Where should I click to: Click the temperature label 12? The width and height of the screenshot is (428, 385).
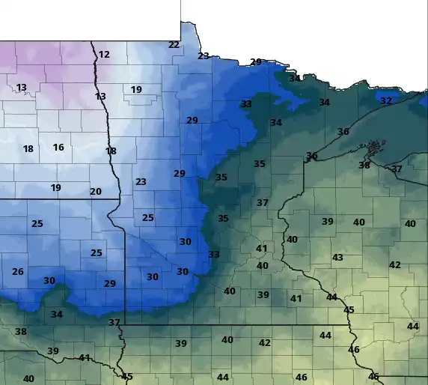pyautogui.click(x=104, y=55)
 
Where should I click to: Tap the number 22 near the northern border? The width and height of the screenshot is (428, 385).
pyautogui.click(x=174, y=45)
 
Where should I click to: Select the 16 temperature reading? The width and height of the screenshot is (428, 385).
pyautogui.click(x=58, y=148)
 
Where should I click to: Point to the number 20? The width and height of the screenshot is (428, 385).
pyautogui.click(x=95, y=192)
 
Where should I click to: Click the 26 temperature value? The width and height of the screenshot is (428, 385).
pyautogui.click(x=18, y=272)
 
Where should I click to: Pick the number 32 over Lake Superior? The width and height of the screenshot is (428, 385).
pyautogui.click(x=385, y=100)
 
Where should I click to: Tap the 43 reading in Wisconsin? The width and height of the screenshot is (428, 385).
pyautogui.click(x=337, y=258)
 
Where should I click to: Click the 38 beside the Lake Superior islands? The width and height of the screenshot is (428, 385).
pyautogui.click(x=364, y=165)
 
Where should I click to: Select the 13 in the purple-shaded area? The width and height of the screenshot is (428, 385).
pyautogui.click(x=22, y=88)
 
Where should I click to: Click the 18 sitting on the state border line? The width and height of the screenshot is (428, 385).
pyautogui.click(x=111, y=151)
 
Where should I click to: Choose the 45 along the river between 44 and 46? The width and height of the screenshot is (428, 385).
pyautogui.click(x=349, y=310)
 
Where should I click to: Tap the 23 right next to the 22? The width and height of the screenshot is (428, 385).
pyautogui.click(x=204, y=56)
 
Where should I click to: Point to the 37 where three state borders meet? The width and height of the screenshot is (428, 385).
pyautogui.click(x=114, y=323)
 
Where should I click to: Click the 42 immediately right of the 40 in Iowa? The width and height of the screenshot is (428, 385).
pyautogui.click(x=264, y=343)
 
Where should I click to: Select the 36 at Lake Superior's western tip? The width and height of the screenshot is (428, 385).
pyautogui.click(x=311, y=156)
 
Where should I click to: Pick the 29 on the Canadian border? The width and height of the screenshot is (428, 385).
pyautogui.click(x=256, y=62)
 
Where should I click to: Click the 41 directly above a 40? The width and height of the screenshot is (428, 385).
pyautogui.click(x=261, y=249)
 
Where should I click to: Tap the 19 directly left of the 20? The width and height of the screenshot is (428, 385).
pyautogui.click(x=55, y=188)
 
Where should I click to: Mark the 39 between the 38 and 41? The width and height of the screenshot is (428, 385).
pyautogui.click(x=52, y=351)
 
